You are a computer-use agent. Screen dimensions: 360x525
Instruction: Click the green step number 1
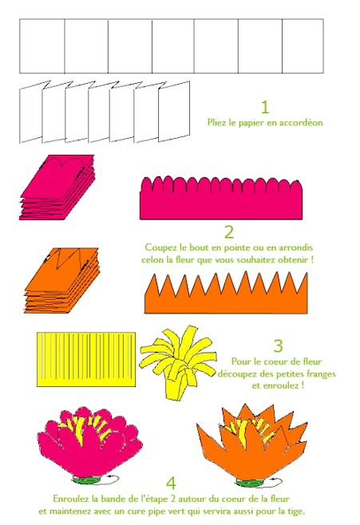265,107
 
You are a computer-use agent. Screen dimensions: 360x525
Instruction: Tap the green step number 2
229,232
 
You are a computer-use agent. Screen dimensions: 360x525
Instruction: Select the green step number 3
279,345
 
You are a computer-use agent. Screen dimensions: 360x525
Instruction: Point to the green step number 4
171,484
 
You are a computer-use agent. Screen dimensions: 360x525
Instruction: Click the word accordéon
301,123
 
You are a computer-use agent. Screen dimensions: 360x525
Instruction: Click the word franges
318,374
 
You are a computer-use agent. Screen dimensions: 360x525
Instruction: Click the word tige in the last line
295,512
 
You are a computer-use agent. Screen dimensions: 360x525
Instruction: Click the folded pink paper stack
57,187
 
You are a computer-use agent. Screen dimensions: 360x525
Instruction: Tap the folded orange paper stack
62,281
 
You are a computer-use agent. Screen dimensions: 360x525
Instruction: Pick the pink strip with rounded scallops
221,198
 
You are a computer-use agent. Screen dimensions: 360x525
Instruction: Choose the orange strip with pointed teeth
226,293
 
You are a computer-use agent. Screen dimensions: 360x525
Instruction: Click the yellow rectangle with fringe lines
86,359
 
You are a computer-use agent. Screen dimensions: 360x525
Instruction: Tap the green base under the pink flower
86,480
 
